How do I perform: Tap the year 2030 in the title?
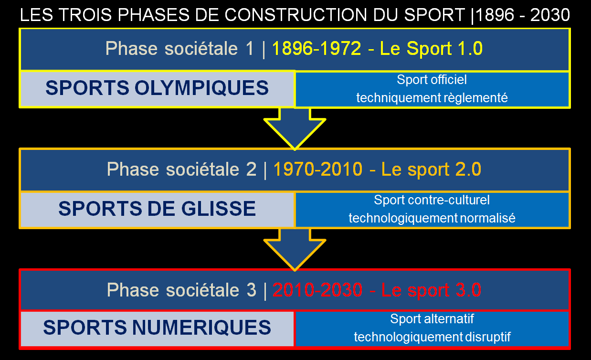550,15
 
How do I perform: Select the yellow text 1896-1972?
317,49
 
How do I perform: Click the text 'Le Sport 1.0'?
431,49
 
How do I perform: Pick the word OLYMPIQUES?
201,88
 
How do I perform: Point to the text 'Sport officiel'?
432,80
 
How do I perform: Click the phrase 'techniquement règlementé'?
432,98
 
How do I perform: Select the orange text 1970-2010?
318,169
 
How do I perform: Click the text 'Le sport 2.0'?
431,169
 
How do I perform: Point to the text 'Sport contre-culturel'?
432,200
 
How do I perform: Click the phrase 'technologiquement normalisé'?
432,218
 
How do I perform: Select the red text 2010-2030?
317,290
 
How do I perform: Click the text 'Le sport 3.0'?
431,290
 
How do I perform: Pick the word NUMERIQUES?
201,328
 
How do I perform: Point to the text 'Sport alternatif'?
432,319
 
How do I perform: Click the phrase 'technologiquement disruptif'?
432,337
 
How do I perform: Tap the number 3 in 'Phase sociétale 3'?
251,290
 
